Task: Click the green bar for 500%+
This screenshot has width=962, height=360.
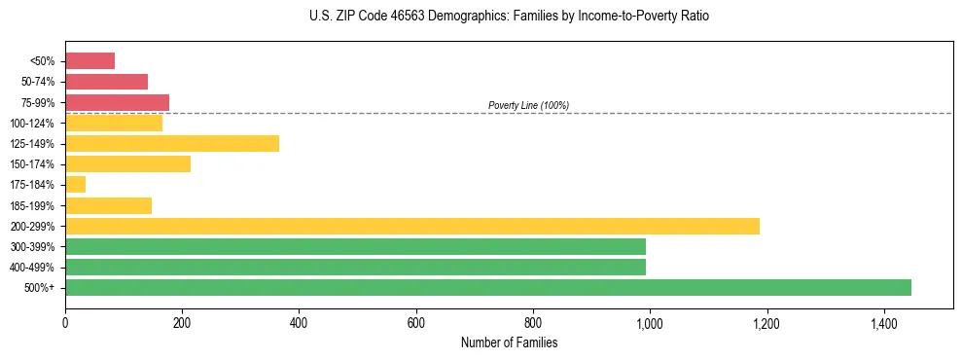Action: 488,287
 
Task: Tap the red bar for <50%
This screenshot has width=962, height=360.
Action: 89,61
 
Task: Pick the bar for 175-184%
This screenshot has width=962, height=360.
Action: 75,185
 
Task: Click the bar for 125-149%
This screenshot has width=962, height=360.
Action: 172,143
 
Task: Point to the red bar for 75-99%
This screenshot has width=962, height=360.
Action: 117,102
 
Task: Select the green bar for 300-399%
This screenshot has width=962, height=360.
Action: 355,246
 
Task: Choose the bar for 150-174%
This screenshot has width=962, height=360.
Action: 127,163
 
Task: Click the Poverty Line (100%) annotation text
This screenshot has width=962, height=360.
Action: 528,105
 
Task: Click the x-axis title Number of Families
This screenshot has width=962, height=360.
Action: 509,343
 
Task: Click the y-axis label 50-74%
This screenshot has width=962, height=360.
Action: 39,82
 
